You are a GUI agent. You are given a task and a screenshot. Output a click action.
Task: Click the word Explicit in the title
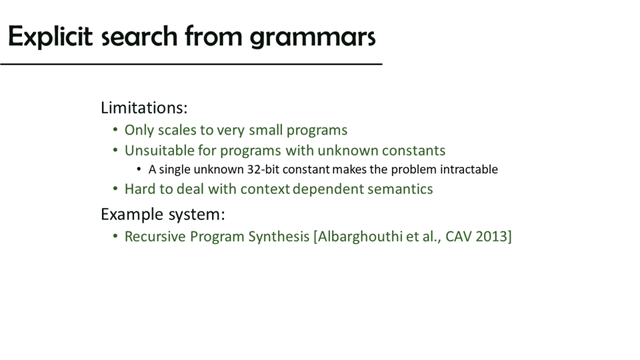tap(50, 37)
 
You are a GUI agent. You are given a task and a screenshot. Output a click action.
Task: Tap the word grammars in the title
tap(313, 38)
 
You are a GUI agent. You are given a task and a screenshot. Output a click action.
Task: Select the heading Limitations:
tap(144, 108)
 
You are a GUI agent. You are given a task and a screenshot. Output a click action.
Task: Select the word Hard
tap(140, 189)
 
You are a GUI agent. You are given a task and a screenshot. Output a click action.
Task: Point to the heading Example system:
tap(163, 214)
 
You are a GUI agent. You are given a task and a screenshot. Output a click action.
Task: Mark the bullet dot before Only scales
tap(115, 130)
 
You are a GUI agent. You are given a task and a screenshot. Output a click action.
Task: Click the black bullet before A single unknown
tap(139, 169)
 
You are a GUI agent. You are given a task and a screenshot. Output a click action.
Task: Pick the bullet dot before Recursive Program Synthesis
tap(115, 236)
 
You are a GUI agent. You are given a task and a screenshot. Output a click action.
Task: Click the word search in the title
tap(139, 37)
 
